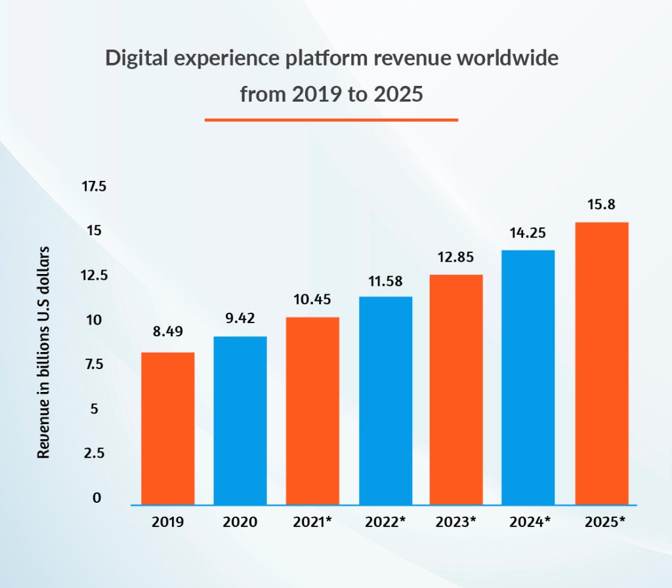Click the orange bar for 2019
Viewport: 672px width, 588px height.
point(168,429)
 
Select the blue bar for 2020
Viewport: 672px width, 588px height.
point(240,421)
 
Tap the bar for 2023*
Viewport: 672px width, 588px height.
point(456,390)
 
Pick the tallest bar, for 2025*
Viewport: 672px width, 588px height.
point(602,364)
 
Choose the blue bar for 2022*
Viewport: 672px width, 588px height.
point(386,401)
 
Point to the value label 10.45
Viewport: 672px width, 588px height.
point(312,300)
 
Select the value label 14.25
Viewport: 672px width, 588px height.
point(528,233)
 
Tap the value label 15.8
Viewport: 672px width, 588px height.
point(601,205)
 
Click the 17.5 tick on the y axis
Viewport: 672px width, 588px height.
point(93,187)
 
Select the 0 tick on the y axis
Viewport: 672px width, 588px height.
point(97,498)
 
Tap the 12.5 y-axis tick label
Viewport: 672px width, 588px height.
point(93,275)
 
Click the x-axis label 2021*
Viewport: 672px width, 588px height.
point(312,522)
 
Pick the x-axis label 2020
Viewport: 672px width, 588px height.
point(240,522)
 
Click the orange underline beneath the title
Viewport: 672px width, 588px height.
point(331,120)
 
